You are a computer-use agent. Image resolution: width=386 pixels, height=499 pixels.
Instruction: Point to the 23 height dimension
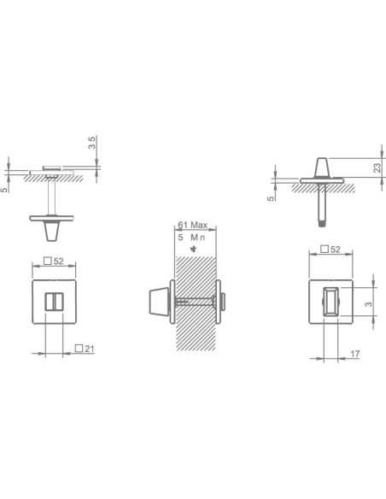click(x=377, y=168)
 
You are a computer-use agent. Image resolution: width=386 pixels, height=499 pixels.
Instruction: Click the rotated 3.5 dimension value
click(x=91, y=142)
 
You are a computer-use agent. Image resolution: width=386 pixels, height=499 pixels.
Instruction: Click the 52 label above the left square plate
click(x=59, y=261)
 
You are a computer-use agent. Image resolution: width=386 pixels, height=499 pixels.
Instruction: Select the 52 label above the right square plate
click(x=335, y=249)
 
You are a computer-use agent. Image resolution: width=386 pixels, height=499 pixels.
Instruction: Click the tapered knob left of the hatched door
click(x=157, y=302)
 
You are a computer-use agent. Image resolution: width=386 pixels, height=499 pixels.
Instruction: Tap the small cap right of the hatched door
click(x=225, y=301)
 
